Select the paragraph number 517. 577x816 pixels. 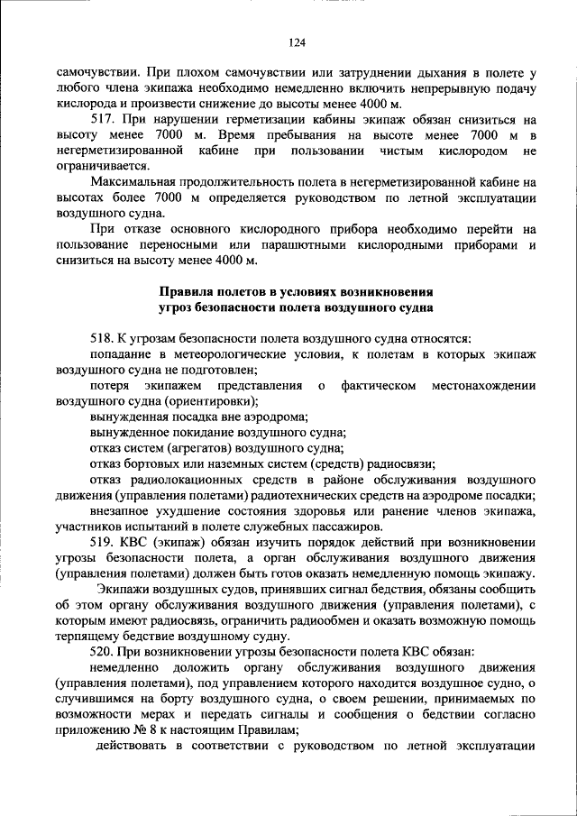(104, 119)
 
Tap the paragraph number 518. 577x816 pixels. (103, 337)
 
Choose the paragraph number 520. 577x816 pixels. (104, 651)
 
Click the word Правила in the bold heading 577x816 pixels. (188, 291)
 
